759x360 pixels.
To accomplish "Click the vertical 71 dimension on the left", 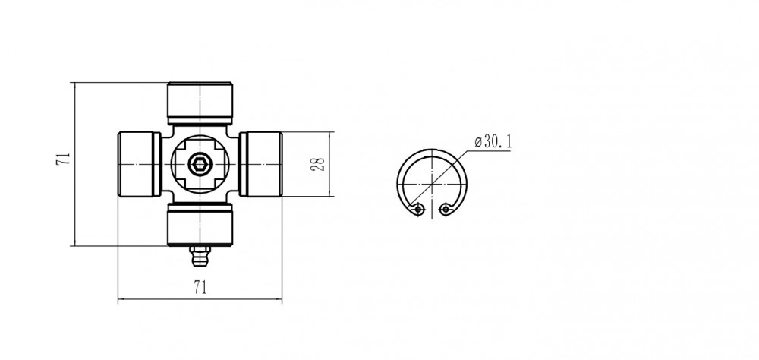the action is click(65, 159).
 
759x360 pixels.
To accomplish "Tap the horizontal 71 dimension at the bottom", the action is click(200, 287).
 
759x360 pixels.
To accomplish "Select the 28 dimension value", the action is click(317, 164).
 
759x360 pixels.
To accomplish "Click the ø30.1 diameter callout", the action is click(493, 142).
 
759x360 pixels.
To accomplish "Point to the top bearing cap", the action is click(200, 103).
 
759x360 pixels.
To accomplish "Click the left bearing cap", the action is click(140, 164).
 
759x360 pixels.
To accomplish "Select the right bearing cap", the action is click(260, 164).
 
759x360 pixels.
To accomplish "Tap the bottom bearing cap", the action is click(200, 224).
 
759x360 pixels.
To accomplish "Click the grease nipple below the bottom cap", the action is click(200, 256).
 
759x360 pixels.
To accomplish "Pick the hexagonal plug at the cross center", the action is click(200, 164).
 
